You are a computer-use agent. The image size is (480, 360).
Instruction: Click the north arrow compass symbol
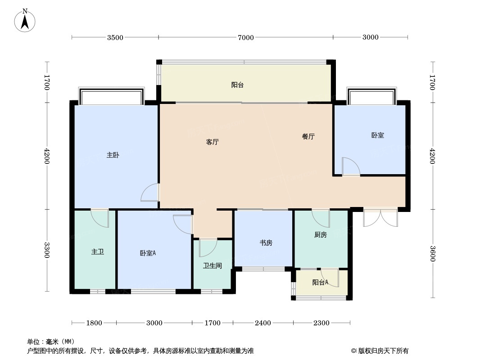[x=25, y=20]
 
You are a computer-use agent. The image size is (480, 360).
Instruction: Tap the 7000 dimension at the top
[x=246, y=37]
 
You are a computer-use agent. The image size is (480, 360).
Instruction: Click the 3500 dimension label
[x=115, y=37]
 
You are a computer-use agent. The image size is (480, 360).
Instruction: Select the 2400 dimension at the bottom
[x=263, y=323]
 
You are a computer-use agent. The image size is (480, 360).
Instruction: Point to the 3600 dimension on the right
[x=432, y=253]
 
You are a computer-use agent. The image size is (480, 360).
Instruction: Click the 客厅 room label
[x=212, y=142]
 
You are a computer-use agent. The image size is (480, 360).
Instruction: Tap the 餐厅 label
[x=308, y=136]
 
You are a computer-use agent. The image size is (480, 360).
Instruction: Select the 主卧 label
[x=113, y=155]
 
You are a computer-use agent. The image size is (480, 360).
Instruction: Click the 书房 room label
[x=266, y=243]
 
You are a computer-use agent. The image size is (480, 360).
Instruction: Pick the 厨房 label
[x=321, y=234]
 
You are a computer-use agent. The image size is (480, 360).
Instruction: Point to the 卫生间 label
[x=213, y=265]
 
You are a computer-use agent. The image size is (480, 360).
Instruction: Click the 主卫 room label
[x=98, y=252]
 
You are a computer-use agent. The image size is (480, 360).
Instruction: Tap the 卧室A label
[x=148, y=253]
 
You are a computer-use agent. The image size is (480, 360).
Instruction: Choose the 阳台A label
[x=320, y=282]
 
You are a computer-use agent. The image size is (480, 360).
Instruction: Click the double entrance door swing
[x=380, y=218]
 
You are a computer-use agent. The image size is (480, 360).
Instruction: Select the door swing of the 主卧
[x=150, y=193]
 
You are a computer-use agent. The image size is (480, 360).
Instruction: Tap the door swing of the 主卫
[x=100, y=218]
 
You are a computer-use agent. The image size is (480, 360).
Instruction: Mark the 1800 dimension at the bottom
[x=94, y=323]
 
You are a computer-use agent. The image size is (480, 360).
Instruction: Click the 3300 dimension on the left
[x=46, y=250]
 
